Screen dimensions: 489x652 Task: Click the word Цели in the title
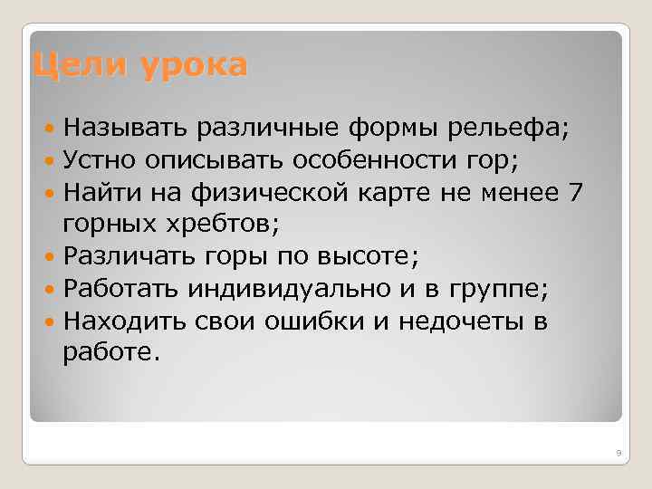click(74, 66)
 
